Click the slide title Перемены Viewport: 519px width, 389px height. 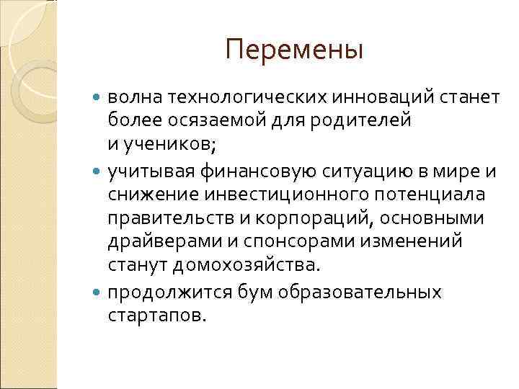(x=293, y=51)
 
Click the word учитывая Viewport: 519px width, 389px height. (x=151, y=172)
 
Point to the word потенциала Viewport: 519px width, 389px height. (x=432, y=195)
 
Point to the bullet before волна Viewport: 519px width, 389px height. (x=98, y=97)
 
